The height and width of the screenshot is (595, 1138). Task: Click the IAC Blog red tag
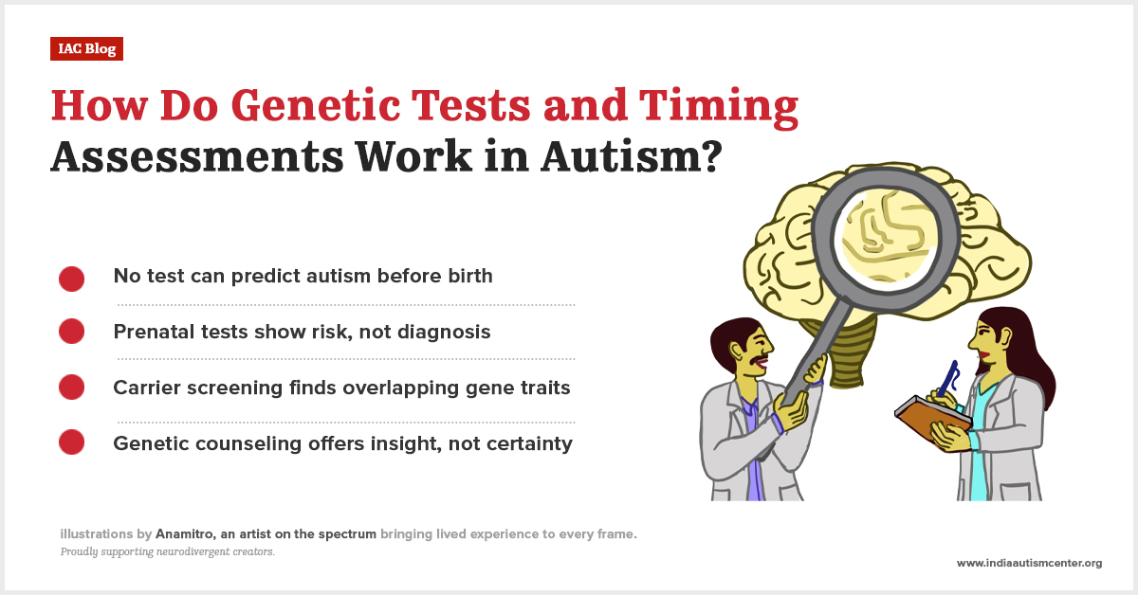(86, 49)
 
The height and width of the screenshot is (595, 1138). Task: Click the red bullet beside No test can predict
(72, 279)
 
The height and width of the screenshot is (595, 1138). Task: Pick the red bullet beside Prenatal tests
(72, 332)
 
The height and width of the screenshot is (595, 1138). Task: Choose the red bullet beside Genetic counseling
(72, 442)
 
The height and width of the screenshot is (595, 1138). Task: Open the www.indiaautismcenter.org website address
(1029, 563)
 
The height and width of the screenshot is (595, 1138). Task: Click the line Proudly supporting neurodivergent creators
(167, 551)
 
